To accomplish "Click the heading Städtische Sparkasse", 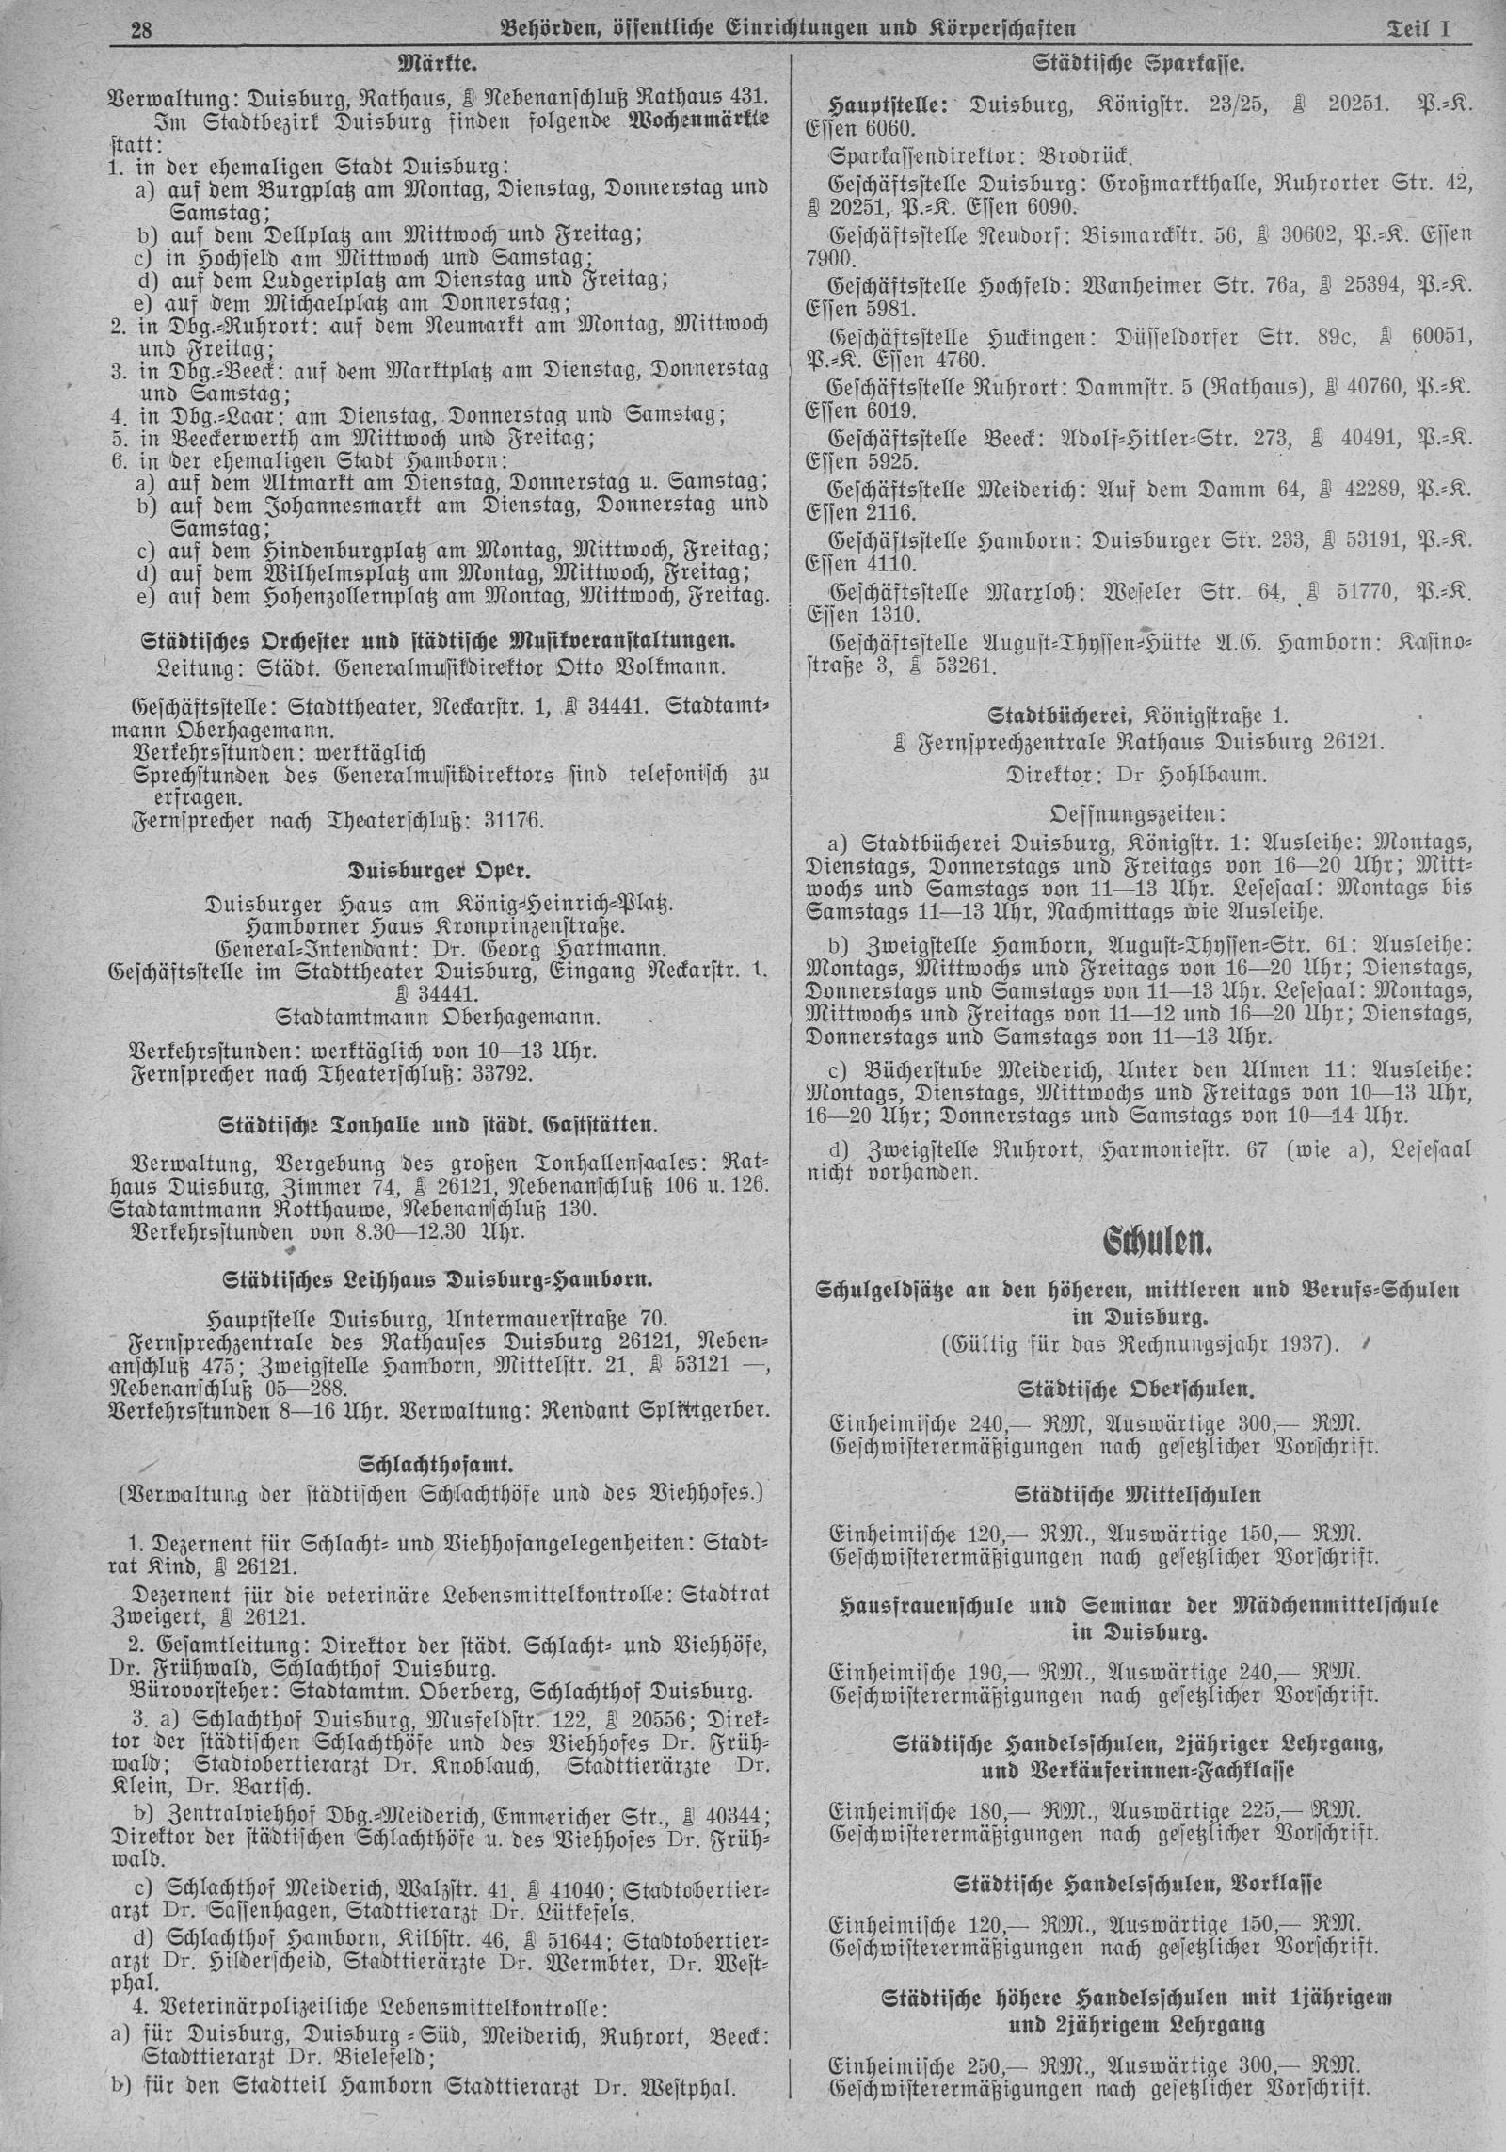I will click(x=1140, y=66).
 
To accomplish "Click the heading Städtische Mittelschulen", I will click(x=1139, y=1494).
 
